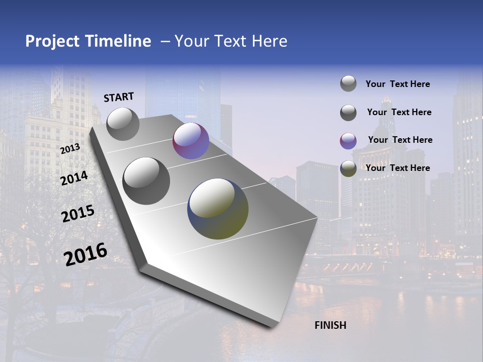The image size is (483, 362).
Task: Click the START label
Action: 119,97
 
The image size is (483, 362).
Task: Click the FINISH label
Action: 331,325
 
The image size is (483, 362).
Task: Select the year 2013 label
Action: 70,149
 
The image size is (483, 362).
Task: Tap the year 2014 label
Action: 74,178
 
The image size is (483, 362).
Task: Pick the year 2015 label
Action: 78,214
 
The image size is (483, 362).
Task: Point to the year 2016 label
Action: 86,254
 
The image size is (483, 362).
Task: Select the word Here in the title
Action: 270,41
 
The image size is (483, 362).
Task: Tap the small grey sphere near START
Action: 123,124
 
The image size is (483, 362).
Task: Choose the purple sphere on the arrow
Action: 191,141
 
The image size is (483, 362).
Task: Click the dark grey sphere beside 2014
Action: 146,180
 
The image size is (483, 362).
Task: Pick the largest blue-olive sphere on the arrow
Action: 218,209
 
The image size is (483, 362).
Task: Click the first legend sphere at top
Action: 348,83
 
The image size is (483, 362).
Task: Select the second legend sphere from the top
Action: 348,113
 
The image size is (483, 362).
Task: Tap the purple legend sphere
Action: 348,141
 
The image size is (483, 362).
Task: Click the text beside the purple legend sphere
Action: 400,140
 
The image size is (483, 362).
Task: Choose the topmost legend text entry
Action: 397,84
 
